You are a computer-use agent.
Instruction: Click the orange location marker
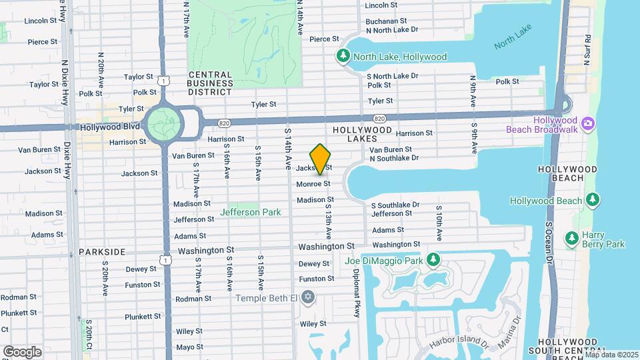[x=321, y=160]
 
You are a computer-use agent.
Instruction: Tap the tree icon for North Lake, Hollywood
[x=343, y=56]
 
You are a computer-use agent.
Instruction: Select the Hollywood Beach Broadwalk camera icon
[x=587, y=123]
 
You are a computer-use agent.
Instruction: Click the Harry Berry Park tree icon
[x=571, y=238]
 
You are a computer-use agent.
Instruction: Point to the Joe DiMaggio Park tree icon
[x=433, y=259]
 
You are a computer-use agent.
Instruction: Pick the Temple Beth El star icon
[x=307, y=296]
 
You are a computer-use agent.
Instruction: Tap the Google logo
[x=22, y=351]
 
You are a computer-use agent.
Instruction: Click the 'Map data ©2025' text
[x=611, y=355]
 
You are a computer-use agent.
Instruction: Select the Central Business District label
[x=210, y=83]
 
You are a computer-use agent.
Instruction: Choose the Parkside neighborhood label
[x=102, y=252]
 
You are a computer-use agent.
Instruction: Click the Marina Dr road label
[x=515, y=331]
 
